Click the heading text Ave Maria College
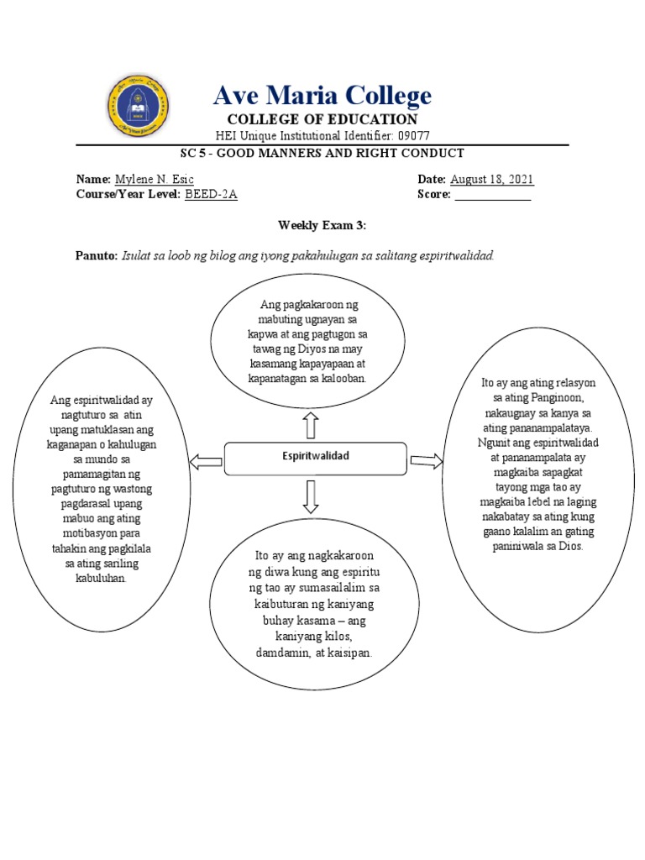(x=322, y=95)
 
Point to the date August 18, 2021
(x=492, y=180)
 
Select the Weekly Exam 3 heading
(x=322, y=225)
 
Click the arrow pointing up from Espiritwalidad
(x=311, y=425)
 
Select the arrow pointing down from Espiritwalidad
(x=311, y=496)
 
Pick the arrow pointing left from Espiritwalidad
(x=206, y=460)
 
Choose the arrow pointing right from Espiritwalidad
(x=427, y=460)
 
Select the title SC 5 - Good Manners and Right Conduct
(x=322, y=153)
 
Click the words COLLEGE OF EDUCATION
(x=322, y=119)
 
